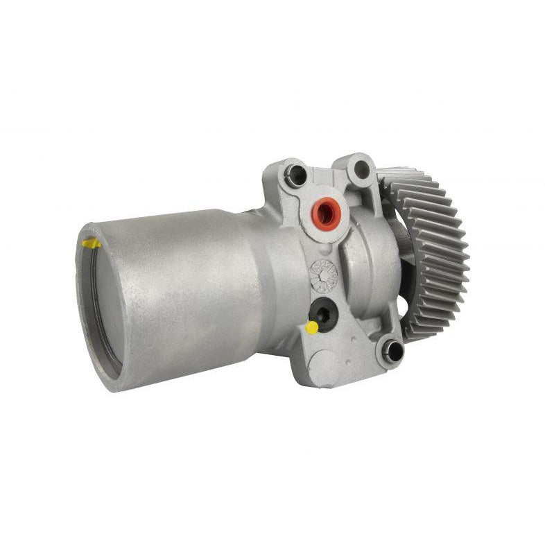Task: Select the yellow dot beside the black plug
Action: coord(312,327)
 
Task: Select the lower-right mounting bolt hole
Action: coord(392,349)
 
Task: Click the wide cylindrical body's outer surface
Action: coord(180,291)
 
